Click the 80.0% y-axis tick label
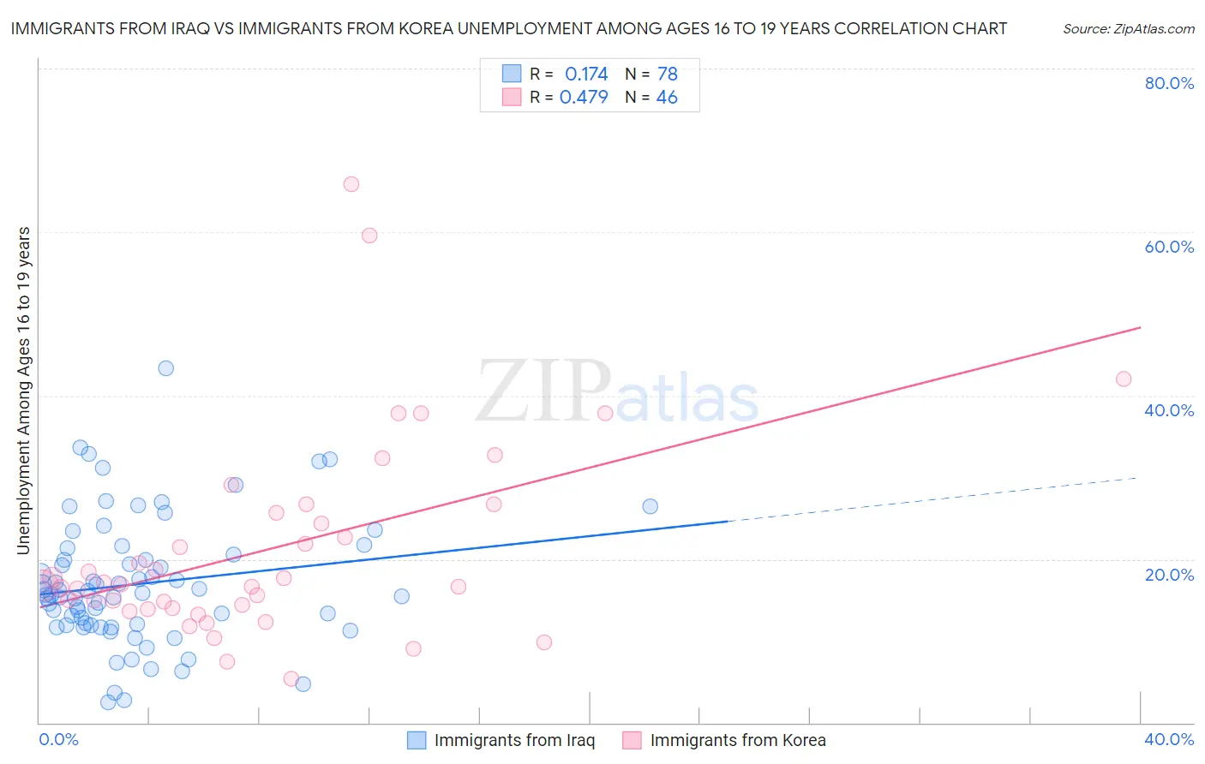click(1169, 83)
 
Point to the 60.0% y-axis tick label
click(1169, 247)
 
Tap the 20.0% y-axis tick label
click(1169, 574)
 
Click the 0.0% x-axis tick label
click(58, 739)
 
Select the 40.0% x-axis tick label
click(1169, 739)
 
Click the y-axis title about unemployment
click(23, 391)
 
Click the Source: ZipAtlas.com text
click(1128, 28)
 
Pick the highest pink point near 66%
click(351, 184)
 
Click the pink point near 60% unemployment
click(369, 236)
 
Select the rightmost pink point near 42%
click(1124, 379)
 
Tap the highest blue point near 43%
click(166, 368)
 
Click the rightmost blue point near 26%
click(650, 506)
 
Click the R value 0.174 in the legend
click(586, 75)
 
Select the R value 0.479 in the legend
click(584, 98)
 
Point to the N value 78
click(668, 75)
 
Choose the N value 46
click(667, 98)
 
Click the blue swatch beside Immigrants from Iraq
click(417, 740)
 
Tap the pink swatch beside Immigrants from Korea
click(632, 740)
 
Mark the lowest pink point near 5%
click(291, 679)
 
